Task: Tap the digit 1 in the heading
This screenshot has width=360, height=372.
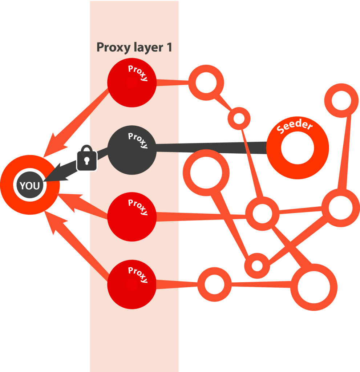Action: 169,47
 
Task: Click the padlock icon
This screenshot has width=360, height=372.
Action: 87,159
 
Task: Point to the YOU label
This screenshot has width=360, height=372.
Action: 30,186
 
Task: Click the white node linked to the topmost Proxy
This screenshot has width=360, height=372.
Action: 206,82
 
